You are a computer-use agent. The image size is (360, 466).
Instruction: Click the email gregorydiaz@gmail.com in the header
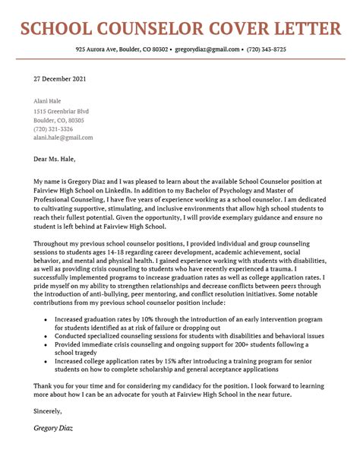coord(206,49)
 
